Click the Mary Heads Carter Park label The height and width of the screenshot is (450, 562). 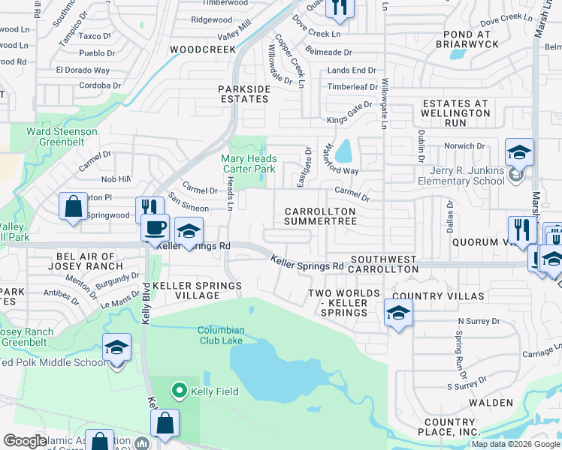point(249,164)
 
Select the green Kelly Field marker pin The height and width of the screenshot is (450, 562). point(179,391)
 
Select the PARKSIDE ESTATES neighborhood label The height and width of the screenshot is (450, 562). point(244,94)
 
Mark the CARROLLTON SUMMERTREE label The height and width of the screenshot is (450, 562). point(319,217)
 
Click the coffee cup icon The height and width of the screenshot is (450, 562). point(156,227)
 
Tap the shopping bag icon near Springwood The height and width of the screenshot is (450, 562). point(73,207)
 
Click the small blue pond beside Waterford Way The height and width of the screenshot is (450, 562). point(343,152)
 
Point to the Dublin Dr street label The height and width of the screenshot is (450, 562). point(421,145)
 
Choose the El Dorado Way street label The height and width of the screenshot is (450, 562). point(83,70)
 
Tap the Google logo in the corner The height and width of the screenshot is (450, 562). point(25,441)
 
